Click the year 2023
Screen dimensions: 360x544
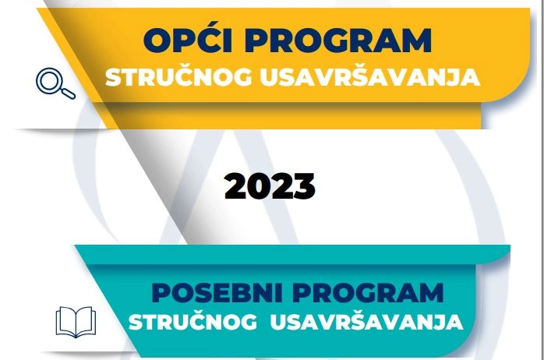tap(270, 186)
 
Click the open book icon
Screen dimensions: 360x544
tap(76, 321)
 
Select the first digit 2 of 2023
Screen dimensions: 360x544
tap(236, 186)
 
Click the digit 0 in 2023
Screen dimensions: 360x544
tap(259, 186)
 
